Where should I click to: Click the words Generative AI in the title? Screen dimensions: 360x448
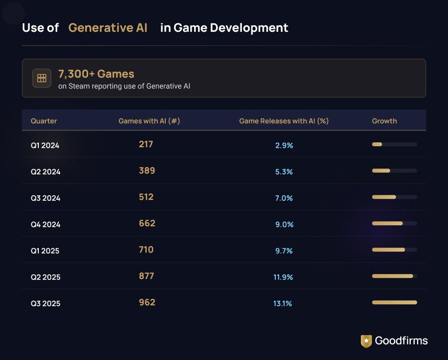click(x=108, y=28)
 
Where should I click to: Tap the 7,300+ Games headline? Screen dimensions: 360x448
click(x=96, y=74)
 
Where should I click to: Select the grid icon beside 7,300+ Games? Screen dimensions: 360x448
click(x=42, y=78)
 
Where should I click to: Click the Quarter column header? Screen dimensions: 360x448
click(x=44, y=121)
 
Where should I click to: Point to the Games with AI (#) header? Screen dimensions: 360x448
click(x=149, y=121)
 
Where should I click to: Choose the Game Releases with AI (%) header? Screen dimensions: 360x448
click(x=284, y=121)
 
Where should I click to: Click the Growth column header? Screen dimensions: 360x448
click(x=384, y=121)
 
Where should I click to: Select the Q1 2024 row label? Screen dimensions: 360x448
click(x=45, y=146)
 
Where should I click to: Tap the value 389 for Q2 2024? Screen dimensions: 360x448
click(x=147, y=171)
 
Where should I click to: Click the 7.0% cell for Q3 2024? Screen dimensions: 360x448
click(x=284, y=198)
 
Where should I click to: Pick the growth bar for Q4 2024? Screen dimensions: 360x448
click(x=394, y=223)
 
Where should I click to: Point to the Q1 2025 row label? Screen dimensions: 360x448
click(x=45, y=251)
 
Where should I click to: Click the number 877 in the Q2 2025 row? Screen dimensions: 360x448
click(x=146, y=276)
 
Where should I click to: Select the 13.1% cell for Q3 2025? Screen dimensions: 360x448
click(x=283, y=303)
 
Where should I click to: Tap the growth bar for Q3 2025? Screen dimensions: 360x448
click(x=394, y=302)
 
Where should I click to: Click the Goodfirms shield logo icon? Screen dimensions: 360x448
click(x=366, y=341)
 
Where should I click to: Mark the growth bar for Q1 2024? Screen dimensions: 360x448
click(x=394, y=144)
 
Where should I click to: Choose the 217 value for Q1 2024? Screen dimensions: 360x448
click(x=146, y=144)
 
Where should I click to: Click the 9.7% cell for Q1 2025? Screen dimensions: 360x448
click(x=284, y=251)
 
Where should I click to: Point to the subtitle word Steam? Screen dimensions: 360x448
click(x=79, y=86)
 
